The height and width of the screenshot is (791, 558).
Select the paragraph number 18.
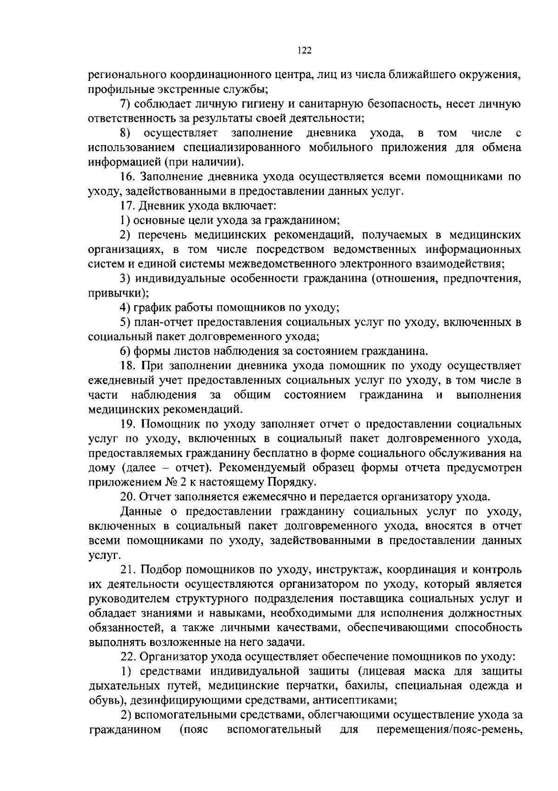(127, 366)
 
